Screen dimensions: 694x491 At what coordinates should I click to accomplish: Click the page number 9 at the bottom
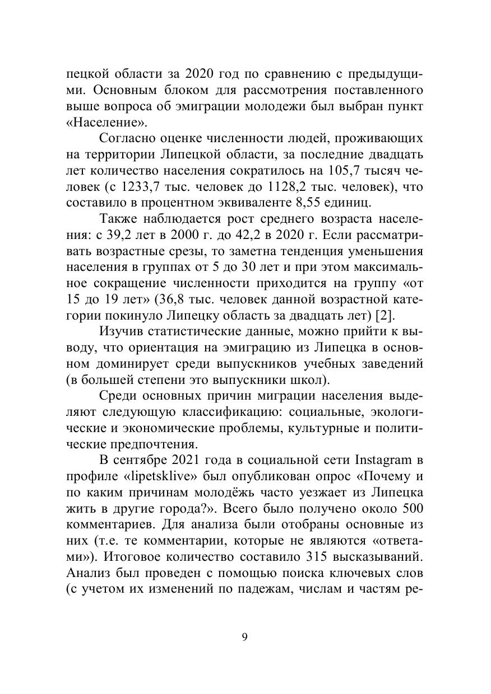click(x=245, y=637)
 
